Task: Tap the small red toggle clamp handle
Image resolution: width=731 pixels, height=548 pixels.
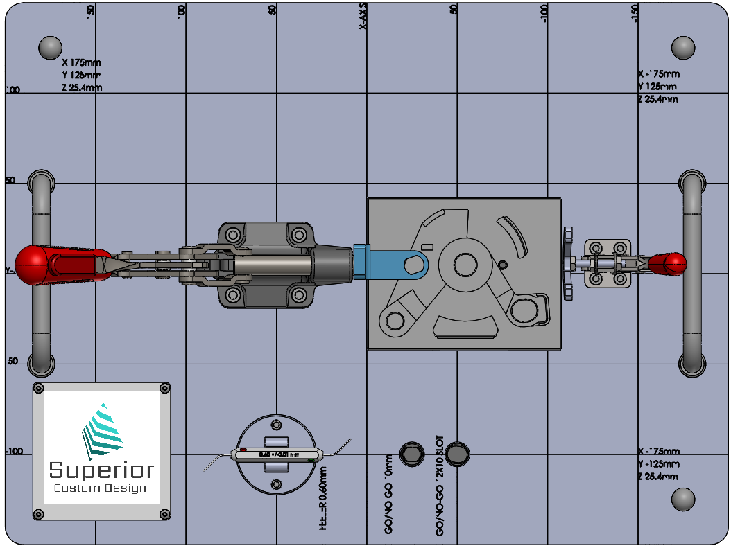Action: (x=668, y=263)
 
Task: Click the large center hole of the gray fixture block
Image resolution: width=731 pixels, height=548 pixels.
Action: (x=463, y=263)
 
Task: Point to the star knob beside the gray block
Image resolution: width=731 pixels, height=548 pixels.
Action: (x=568, y=263)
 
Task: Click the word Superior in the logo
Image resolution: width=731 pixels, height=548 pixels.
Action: (x=101, y=471)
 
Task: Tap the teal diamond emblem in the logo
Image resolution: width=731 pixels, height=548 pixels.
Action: (x=101, y=430)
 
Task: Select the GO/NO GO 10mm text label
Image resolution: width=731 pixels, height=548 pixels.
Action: (x=388, y=494)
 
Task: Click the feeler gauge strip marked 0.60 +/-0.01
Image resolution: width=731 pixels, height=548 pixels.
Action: (x=277, y=454)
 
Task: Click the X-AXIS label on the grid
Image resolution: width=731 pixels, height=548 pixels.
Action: (x=363, y=15)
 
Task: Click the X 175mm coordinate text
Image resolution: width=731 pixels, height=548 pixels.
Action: (x=81, y=62)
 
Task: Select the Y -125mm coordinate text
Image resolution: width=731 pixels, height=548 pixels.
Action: (x=658, y=463)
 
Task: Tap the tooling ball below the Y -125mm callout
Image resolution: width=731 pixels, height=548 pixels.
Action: (x=683, y=500)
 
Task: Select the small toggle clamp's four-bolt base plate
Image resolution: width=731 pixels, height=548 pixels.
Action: (x=607, y=263)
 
